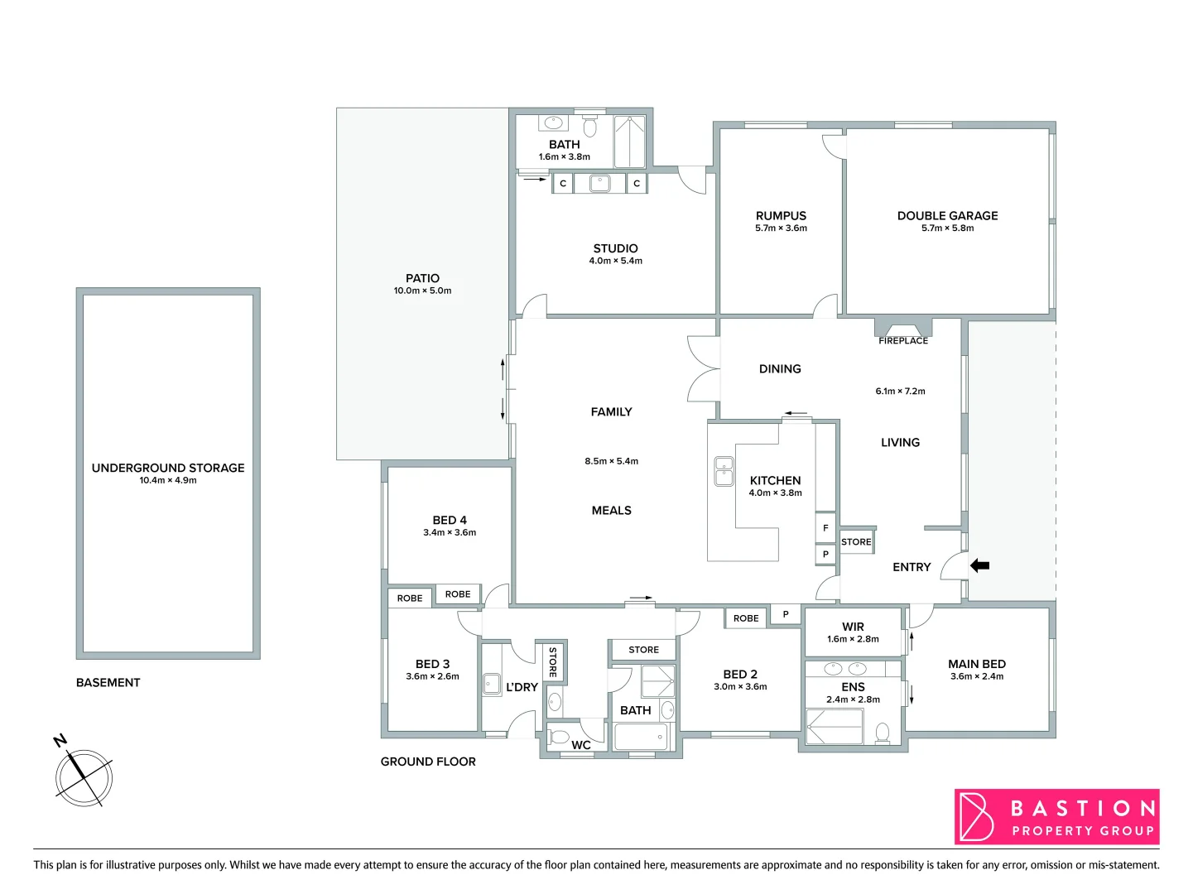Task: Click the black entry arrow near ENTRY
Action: (x=979, y=566)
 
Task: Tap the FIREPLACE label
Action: (x=903, y=340)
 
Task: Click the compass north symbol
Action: (x=83, y=776)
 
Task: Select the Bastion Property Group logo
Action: (x=1056, y=817)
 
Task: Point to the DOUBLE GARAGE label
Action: (x=947, y=215)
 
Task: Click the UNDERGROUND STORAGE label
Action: (x=168, y=468)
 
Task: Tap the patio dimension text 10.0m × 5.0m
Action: (x=422, y=291)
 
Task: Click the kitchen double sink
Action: (x=724, y=471)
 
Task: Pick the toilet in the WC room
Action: (x=560, y=736)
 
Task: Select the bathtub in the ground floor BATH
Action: (x=641, y=736)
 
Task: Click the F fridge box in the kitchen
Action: (x=825, y=528)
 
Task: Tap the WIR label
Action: (x=853, y=627)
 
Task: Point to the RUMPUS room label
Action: (x=781, y=215)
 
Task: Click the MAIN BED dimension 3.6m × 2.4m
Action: (x=977, y=676)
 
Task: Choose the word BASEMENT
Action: (x=108, y=682)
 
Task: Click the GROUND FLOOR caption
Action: (x=428, y=762)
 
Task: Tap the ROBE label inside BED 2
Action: (x=746, y=618)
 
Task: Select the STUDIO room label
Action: (x=615, y=248)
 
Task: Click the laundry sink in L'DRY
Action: (x=492, y=684)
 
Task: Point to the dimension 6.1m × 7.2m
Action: (x=900, y=391)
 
